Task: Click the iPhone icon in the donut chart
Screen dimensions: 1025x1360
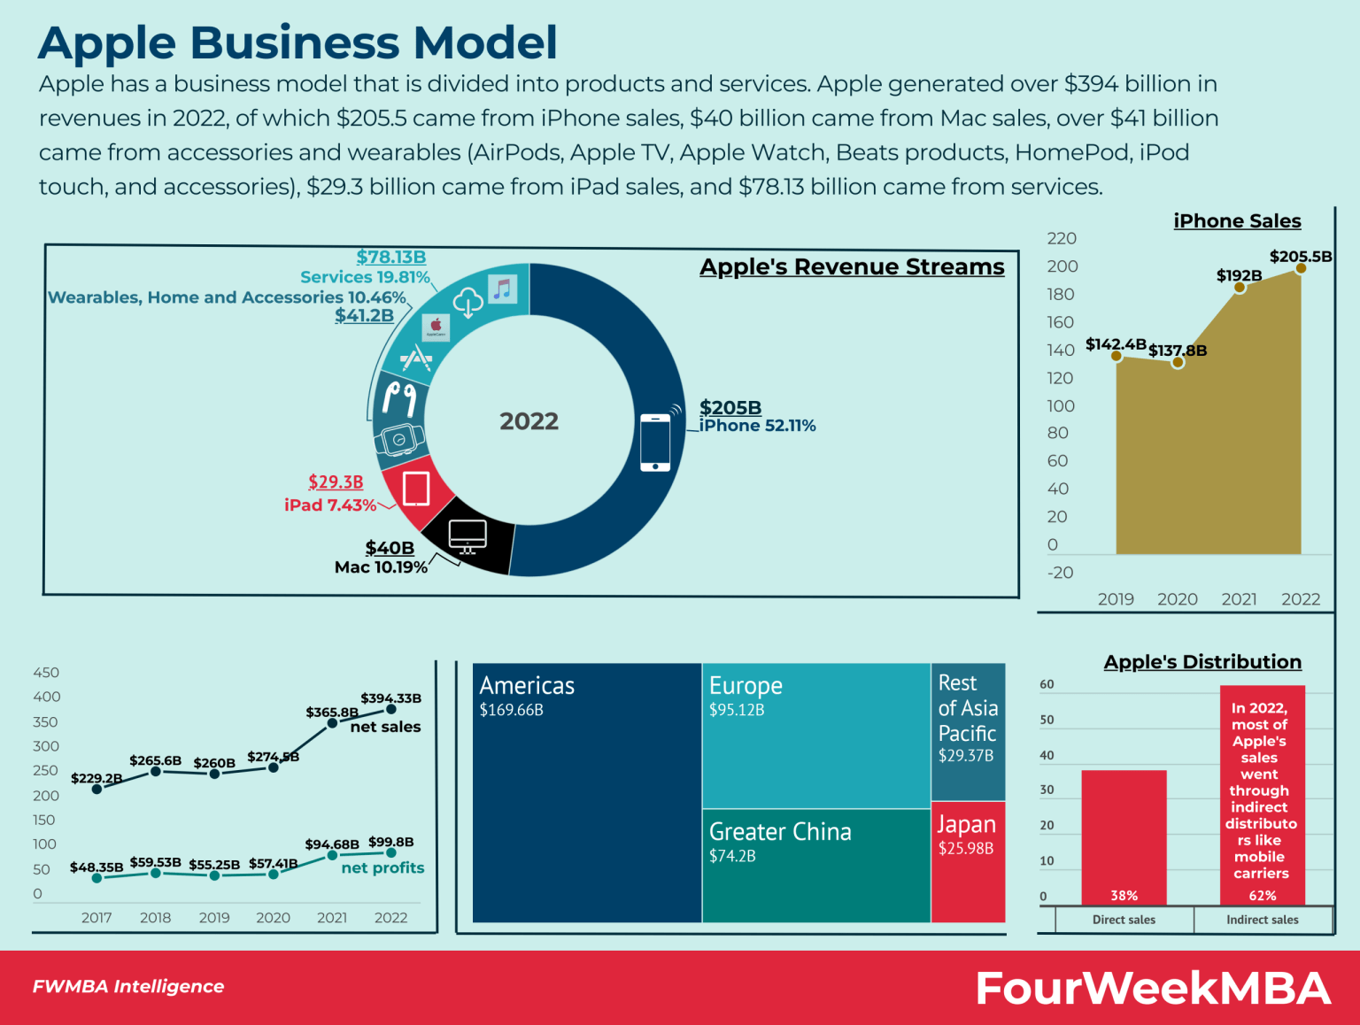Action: tap(655, 442)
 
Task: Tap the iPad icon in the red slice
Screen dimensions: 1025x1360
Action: tap(416, 489)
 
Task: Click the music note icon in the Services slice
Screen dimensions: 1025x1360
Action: tap(503, 289)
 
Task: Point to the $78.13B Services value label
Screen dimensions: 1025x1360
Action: tap(390, 257)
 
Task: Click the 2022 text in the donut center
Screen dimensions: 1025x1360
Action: tap(529, 421)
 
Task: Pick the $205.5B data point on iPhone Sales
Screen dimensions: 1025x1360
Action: tap(1300, 268)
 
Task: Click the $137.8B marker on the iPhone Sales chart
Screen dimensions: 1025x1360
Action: tap(1178, 362)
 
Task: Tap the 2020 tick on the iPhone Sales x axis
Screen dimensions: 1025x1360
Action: tap(1177, 599)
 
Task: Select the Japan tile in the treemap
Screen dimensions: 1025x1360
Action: tap(968, 860)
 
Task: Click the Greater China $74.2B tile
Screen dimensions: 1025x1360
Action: tap(815, 865)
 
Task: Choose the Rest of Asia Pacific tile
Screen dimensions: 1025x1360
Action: tap(968, 731)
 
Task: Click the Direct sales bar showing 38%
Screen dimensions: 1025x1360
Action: tap(1124, 836)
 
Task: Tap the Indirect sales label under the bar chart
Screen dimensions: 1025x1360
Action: tap(1262, 920)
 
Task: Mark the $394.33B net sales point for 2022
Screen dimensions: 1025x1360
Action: tap(390, 709)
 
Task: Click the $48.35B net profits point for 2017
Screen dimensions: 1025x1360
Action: tap(97, 878)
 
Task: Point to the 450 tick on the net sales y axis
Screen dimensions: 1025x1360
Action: tap(46, 673)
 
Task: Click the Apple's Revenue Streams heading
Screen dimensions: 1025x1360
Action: tap(852, 266)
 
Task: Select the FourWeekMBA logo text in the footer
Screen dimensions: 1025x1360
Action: tap(1153, 988)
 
